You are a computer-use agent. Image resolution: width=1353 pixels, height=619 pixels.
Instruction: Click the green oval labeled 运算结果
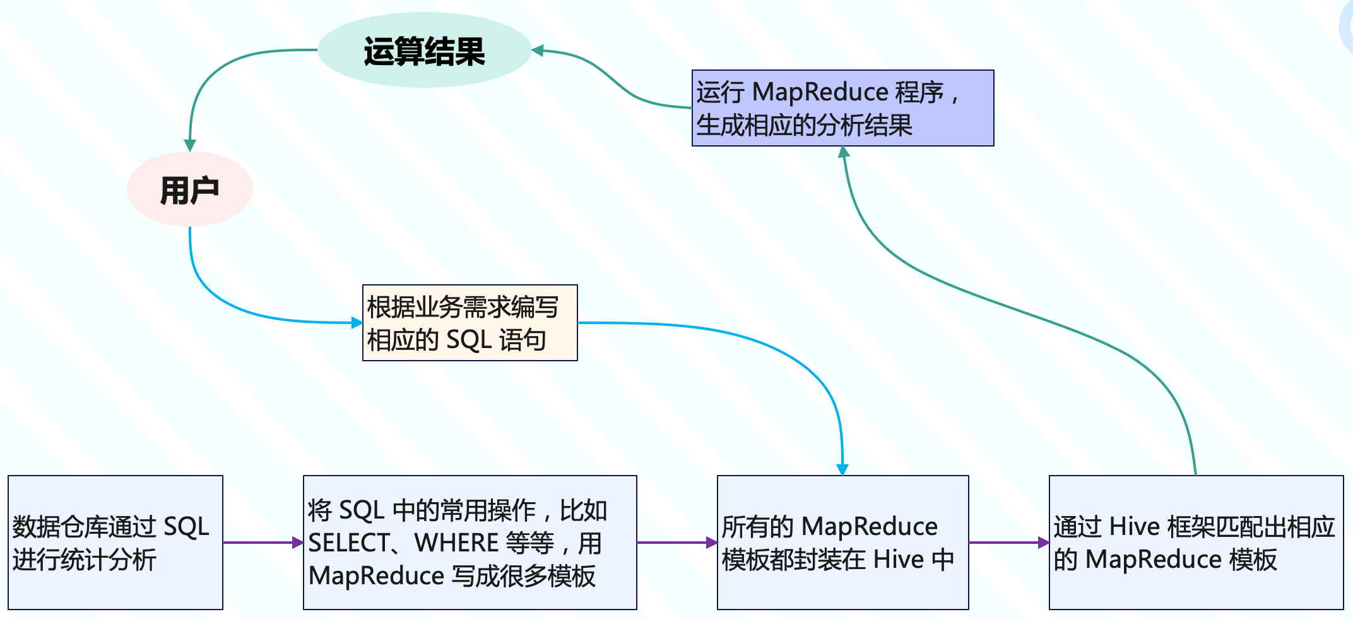(x=424, y=51)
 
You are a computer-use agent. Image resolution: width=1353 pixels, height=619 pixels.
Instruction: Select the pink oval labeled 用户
(x=189, y=189)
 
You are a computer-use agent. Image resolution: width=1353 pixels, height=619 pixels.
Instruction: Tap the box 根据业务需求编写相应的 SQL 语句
(x=470, y=323)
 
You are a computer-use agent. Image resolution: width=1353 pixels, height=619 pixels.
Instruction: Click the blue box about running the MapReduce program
(x=842, y=108)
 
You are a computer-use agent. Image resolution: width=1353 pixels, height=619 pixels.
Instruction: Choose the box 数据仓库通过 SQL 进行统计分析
(x=115, y=542)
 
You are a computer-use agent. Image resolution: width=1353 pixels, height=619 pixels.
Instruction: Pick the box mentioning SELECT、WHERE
(x=470, y=542)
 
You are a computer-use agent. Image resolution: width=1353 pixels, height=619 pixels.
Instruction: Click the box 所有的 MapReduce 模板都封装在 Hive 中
(x=842, y=542)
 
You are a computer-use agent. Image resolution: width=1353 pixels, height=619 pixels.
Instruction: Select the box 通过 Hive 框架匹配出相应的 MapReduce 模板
(x=1196, y=542)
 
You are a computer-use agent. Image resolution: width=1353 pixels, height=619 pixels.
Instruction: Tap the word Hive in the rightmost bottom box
(x=1134, y=527)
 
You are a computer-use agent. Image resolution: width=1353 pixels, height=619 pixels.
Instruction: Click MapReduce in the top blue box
(x=820, y=92)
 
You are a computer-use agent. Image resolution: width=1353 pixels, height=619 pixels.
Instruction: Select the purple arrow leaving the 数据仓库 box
(x=262, y=542)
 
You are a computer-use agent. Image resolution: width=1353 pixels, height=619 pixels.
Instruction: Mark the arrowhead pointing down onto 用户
(x=190, y=145)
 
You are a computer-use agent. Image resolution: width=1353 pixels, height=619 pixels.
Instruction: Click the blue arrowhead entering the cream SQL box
(x=357, y=323)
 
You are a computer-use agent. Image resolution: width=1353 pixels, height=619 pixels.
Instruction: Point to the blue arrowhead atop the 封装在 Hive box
(x=842, y=469)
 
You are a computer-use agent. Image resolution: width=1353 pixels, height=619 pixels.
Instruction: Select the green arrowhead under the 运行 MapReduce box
(x=844, y=152)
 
